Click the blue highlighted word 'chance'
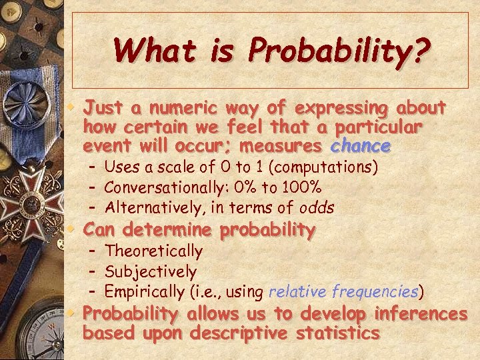pyautogui.click(x=360, y=145)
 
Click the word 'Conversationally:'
pyautogui.click(x=157, y=187)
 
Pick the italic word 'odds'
pyautogui.click(x=315, y=207)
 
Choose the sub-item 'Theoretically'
pyautogui.click(x=154, y=251)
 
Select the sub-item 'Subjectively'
pyautogui.click(x=151, y=272)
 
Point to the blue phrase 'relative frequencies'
pyautogui.click(x=343, y=292)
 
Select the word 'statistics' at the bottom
pyautogui.click(x=338, y=333)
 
